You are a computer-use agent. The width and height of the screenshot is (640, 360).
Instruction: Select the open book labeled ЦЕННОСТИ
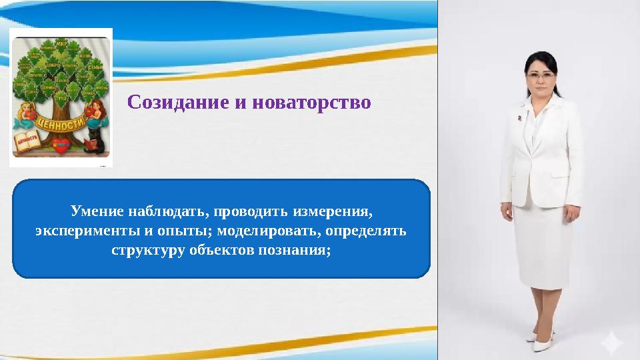point(27,143)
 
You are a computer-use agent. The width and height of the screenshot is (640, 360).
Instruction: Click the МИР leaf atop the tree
point(61,45)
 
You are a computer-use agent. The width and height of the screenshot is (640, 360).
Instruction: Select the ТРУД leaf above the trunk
point(60,97)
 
